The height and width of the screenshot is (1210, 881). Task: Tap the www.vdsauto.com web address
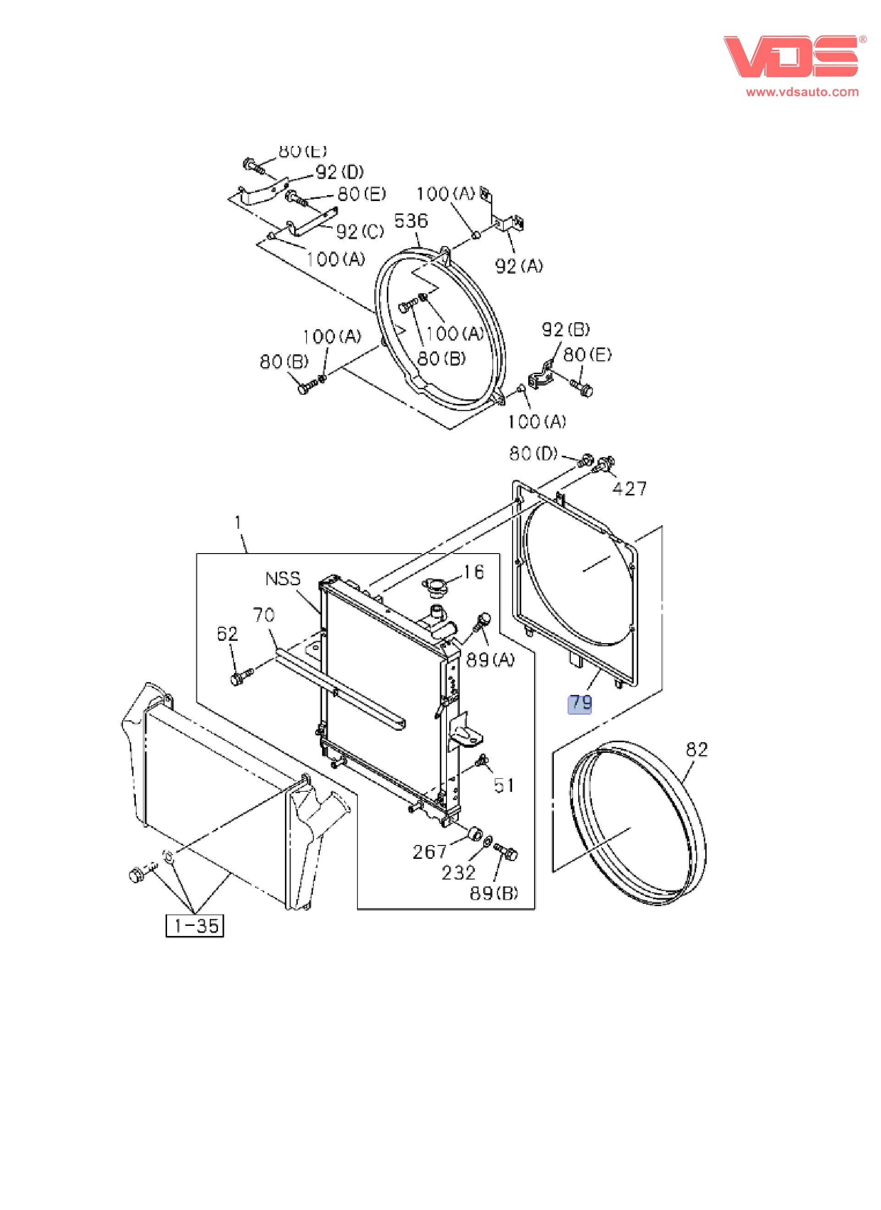coord(802,92)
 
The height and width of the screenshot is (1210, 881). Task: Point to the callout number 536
coord(411,221)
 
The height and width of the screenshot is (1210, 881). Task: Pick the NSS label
coord(283,579)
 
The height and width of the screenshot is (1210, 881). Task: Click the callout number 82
coord(697,750)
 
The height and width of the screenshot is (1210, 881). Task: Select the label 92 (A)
coord(519,266)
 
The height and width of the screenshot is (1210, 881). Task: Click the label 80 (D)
coord(533,454)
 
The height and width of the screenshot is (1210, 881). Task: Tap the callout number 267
coord(429,851)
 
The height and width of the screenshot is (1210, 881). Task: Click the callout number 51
coord(504,785)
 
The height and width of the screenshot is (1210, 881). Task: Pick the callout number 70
coord(263,615)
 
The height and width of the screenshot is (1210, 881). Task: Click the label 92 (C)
coord(360,231)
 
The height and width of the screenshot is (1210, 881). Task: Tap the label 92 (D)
coord(340,172)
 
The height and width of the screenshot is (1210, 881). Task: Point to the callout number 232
coord(458,872)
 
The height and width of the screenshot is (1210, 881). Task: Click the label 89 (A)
coord(490,660)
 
